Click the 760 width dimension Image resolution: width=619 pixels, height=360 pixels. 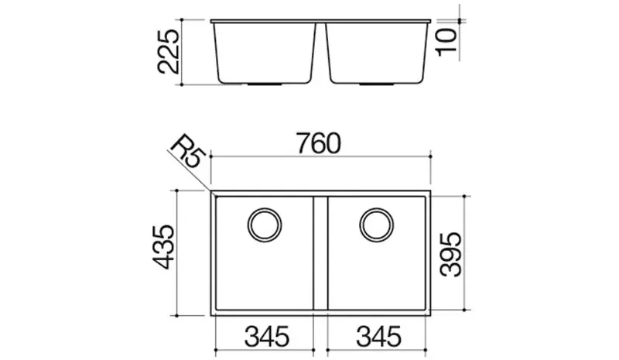coord(319,143)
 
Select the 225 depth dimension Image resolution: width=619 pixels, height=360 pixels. coord(168,52)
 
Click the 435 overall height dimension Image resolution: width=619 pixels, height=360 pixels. coord(163,248)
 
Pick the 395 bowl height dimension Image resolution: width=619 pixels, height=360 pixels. coord(451,255)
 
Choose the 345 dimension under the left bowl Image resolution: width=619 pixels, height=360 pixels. coord(267,337)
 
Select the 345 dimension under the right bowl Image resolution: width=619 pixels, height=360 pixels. coord(378,337)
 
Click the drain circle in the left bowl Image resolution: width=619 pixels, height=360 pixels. coord(265,209)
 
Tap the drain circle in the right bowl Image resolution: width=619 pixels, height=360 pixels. coord(377,209)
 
